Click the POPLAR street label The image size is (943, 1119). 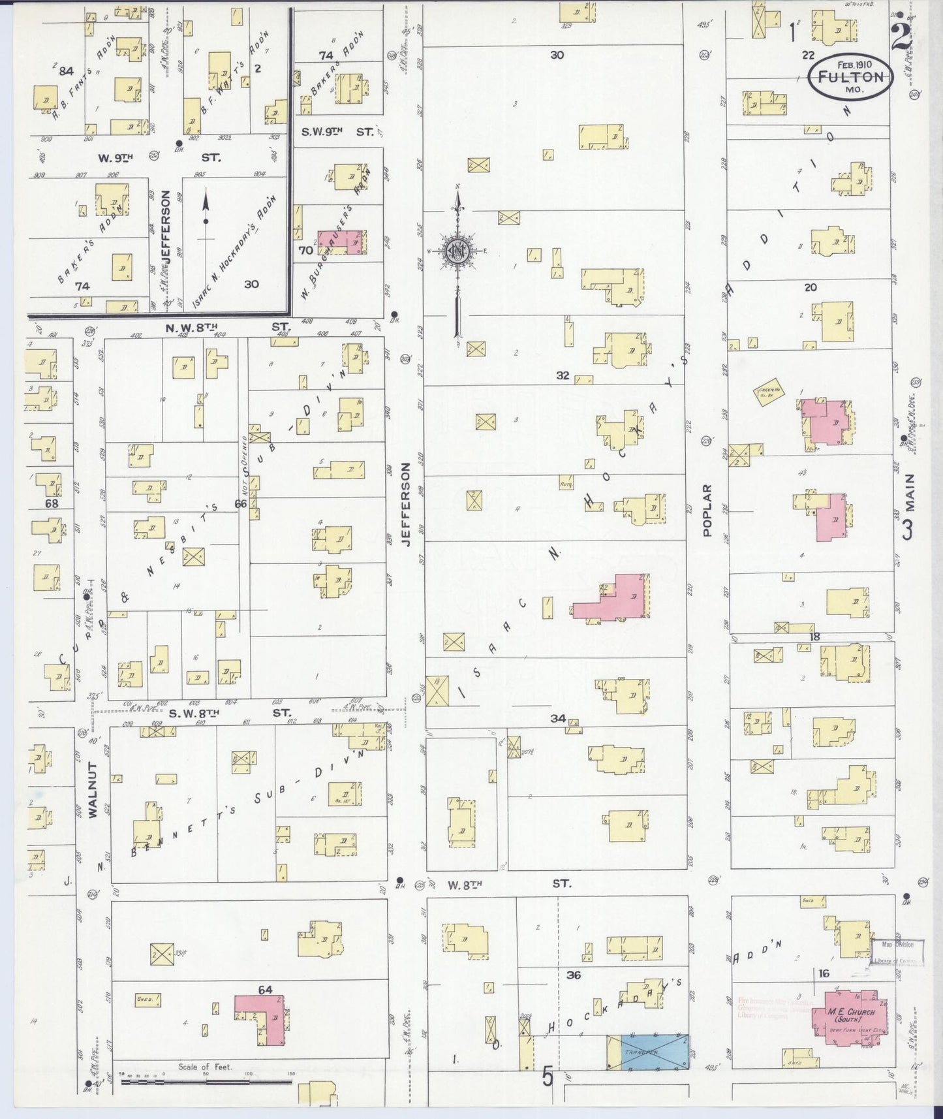pyautogui.click(x=707, y=510)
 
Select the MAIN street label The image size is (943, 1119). pyautogui.click(x=909, y=507)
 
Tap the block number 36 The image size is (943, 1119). pyautogui.click(x=574, y=975)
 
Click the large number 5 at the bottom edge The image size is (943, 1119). pyautogui.click(x=547, y=1076)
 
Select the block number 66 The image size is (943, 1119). pyautogui.click(x=241, y=503)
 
